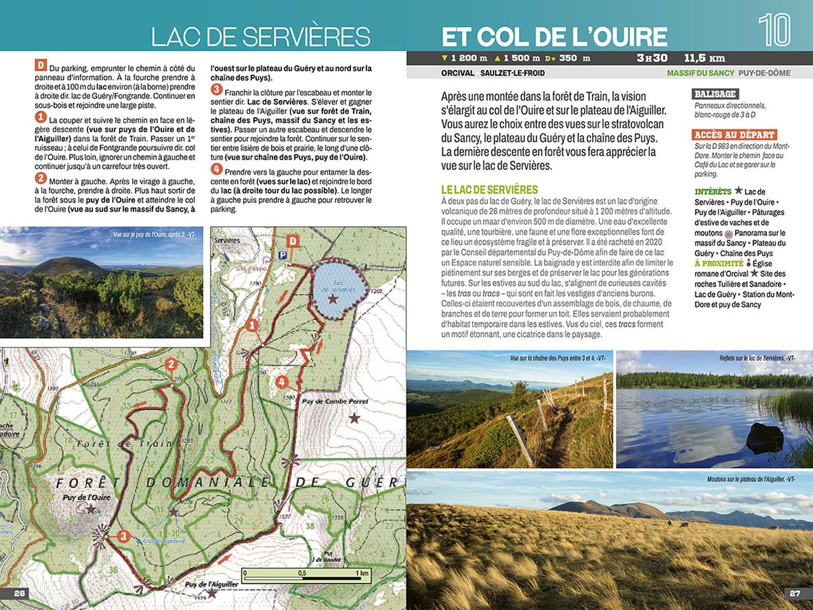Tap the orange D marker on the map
click(293, 240)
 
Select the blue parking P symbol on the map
click(281, 254)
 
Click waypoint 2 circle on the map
click(171, 365)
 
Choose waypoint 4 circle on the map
click(281, 381)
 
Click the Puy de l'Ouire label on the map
click(87, 497)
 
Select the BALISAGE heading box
click(715, 94)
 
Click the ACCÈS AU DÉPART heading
click(735, 135)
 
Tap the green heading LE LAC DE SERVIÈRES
click(489, 189)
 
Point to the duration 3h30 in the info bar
click(652, 58)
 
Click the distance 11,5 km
click(704, 58)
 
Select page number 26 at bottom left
click(19, 593)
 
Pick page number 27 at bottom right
click(794, 593)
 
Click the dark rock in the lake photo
click(765, 438)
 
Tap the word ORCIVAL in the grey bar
click(458, 73)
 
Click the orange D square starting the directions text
click(41, 66)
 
